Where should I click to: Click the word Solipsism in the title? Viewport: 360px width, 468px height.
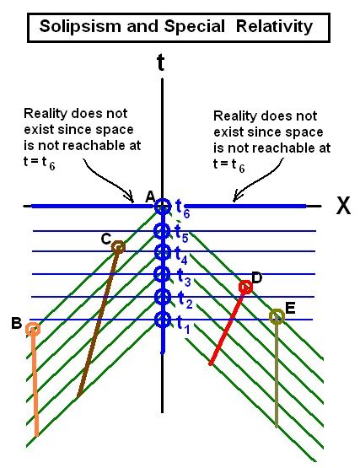[81, 27]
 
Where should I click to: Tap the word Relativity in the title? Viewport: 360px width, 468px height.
[274, 27]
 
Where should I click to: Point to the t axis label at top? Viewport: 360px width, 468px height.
[160, 62]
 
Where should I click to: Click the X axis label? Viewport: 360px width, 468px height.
[343, 206]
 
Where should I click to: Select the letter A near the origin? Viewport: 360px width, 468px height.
[150, 197]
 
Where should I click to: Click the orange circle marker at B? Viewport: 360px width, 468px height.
[33, 328]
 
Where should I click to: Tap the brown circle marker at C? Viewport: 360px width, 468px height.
[119, 247]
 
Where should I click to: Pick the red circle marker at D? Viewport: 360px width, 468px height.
[245, 287]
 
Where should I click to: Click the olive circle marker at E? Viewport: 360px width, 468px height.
[277, 316]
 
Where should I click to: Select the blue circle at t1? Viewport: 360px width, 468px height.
[163, 320]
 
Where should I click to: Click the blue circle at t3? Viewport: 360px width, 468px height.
[163, 274]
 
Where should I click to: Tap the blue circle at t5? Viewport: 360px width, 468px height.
[162, 230]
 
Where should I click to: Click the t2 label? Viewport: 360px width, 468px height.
[185, 300]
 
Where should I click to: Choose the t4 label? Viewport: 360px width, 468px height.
[181, 256]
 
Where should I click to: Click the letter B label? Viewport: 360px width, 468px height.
[16, 323]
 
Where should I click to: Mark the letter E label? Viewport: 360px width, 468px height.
[290, 308]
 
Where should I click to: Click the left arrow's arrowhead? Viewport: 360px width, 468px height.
[131, 196]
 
